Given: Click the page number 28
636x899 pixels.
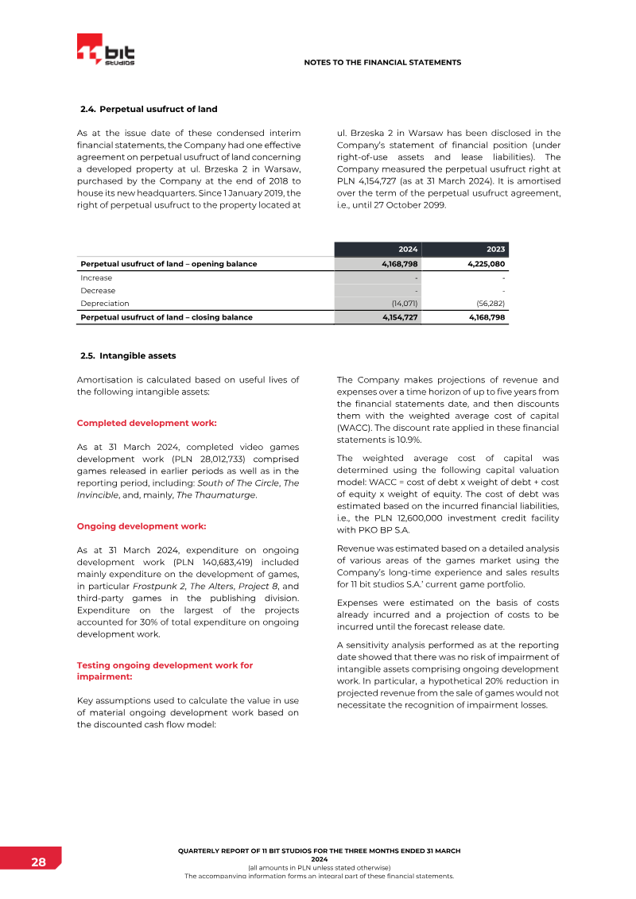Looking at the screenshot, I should click(x=38, y=862).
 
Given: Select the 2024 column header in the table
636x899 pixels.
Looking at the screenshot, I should click(x=408, y=249).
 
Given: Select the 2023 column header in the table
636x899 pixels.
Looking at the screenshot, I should click(x=495, y=249).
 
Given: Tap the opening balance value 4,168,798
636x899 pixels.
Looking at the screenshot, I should click(x=394, y=264).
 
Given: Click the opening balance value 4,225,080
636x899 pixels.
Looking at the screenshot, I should click(x=481, y=264).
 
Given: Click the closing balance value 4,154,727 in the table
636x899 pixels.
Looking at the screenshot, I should click(x=395, y=317).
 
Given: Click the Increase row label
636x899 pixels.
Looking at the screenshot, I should click(x=96, y=278).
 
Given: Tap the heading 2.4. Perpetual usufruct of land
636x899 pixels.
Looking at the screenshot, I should click(x=149, y=109).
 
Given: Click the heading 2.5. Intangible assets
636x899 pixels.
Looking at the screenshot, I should click(x=128, y=355).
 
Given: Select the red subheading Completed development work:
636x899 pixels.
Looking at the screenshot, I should click(x=146, y=423).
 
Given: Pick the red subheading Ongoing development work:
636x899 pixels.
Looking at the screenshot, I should click(x=142, y=526).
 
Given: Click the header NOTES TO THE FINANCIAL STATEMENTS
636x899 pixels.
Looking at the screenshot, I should click(x=382, y=62).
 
